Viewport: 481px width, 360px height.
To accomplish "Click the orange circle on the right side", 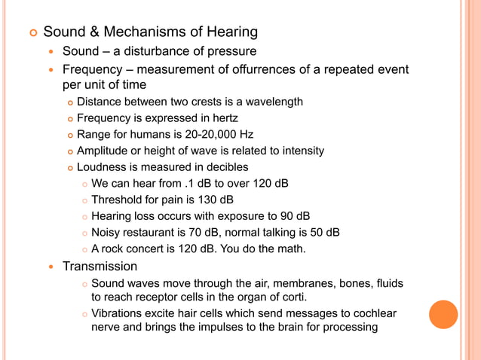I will coord(443,315).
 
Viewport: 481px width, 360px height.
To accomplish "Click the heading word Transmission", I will coord(100,267).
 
